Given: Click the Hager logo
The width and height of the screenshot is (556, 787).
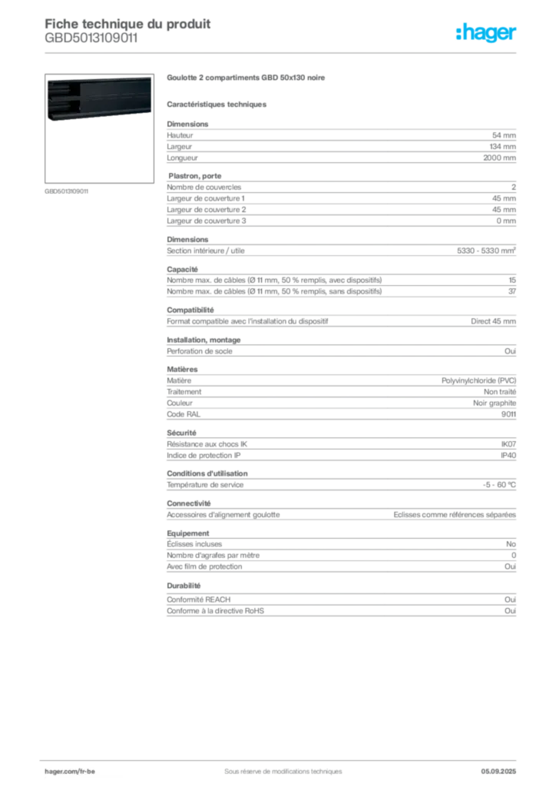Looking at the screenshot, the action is [x=486, y=32].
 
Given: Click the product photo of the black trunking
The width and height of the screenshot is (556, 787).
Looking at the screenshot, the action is [x=99, y=98].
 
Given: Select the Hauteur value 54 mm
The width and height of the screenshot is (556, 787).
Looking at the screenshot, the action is [x=504, y=135].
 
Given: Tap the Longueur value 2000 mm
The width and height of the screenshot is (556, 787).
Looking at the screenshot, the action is [x=499, y=158].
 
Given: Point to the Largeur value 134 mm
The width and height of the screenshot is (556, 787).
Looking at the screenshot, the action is [x=502, y=147].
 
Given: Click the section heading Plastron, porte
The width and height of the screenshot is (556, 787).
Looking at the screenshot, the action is [x=194, y=176].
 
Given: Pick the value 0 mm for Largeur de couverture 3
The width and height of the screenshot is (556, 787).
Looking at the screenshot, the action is [x=506, y=221].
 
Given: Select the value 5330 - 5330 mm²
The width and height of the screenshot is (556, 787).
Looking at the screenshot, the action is [x=486, y=251].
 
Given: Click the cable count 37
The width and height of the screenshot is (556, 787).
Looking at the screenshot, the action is [x=512, y=291].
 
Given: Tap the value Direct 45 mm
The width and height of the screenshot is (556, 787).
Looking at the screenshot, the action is [x=493, y=321].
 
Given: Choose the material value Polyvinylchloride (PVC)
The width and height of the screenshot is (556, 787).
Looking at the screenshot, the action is [x=478, y=381].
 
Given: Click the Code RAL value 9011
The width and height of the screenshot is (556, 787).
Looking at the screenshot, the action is [x=508, y=414].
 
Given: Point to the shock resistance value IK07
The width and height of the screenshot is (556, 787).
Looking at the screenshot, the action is [x=508, y=444].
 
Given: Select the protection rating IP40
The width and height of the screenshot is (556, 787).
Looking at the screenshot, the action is [x=508, y=456].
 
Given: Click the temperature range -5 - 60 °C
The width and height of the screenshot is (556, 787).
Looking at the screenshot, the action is [x=499, y=485].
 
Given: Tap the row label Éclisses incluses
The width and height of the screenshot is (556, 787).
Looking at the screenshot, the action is [x=194, y=544].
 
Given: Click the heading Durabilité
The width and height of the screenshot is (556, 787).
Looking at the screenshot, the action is [x=184, y=586].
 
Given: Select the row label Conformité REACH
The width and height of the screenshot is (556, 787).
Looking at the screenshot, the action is [x=199, y=599].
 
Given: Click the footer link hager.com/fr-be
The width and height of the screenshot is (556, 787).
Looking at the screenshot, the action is [x=70, y=772].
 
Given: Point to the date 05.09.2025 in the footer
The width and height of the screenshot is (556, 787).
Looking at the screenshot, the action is [x=498, y=772].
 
